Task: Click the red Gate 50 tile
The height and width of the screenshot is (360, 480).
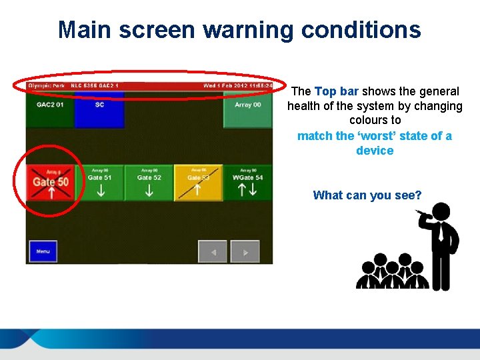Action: [x=51, y=182]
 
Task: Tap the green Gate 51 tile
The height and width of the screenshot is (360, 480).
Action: [x=99, y=182]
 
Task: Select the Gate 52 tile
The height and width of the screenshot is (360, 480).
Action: [x=149, y=182]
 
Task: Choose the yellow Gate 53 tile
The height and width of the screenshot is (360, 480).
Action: [x=198, y=182]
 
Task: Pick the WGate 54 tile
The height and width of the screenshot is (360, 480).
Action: [x=247, y=182]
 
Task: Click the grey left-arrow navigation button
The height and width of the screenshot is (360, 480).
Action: [x=213, y=252]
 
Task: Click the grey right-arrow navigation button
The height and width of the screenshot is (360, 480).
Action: [x=245, y=252]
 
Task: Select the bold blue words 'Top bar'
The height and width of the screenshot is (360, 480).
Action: [x=337, y=91]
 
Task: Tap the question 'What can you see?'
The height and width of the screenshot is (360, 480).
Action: [x=367, y=195]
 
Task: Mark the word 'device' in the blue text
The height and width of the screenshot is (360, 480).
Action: [x=375, y=151]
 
